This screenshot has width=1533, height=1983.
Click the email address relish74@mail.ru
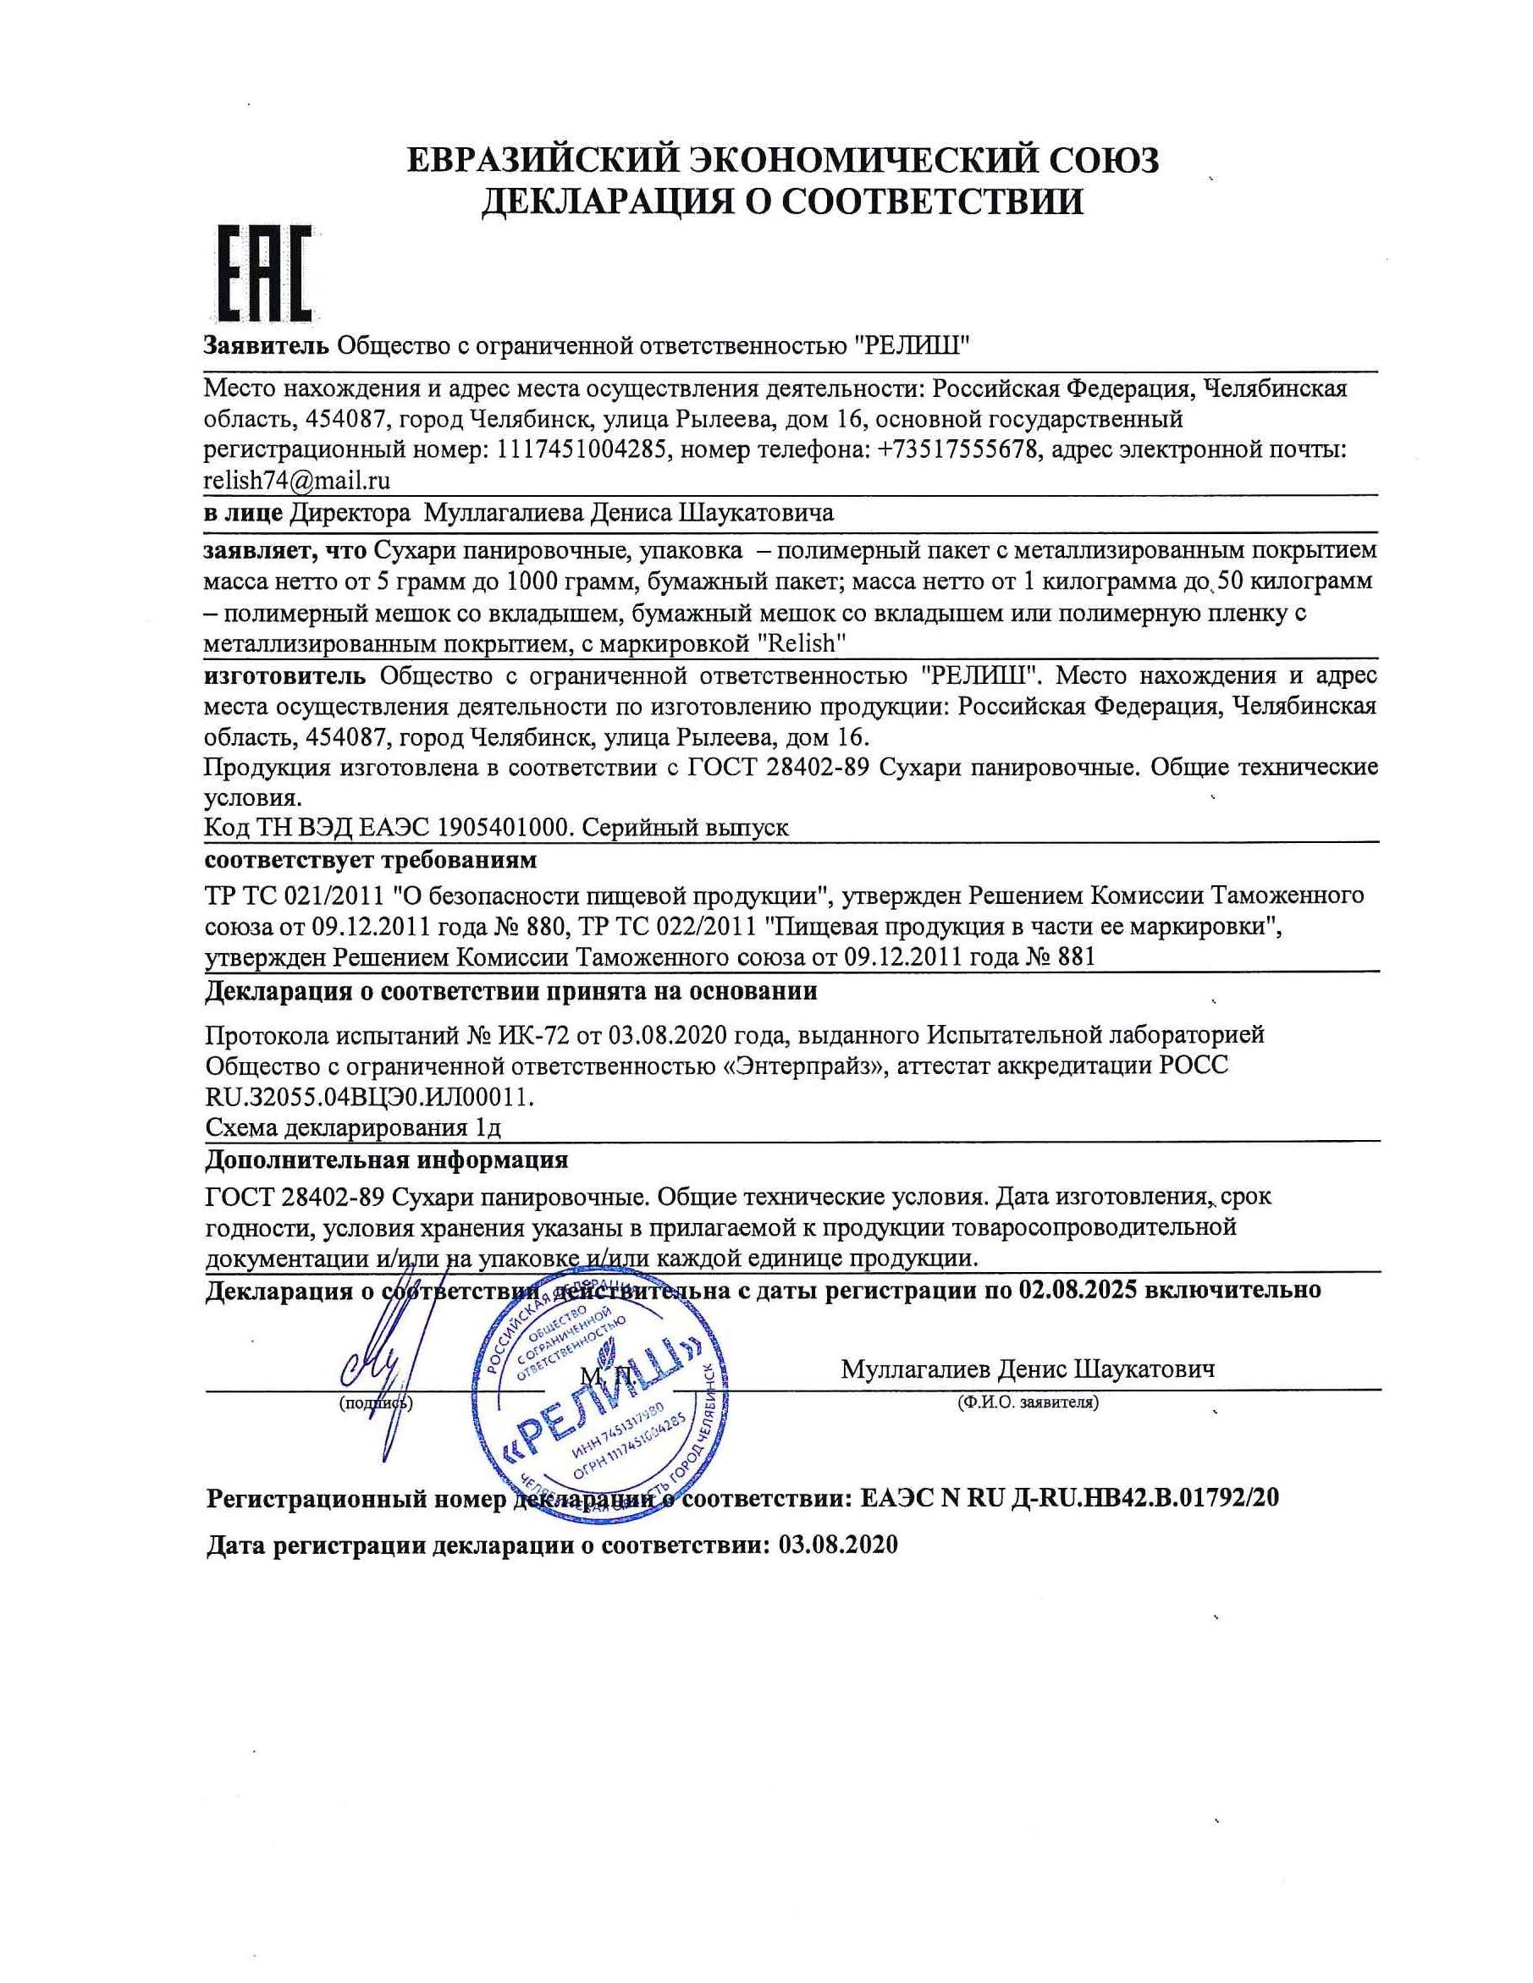click(297, 481)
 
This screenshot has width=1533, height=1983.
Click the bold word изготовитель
click(285, 676)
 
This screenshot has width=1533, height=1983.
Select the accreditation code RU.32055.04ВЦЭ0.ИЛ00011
click(370, 1097)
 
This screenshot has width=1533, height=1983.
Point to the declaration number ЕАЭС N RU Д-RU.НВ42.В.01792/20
click(1068, 1498)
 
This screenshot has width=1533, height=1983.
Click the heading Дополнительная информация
click(387, 1160)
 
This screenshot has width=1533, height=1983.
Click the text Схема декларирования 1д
click(353, 1127)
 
